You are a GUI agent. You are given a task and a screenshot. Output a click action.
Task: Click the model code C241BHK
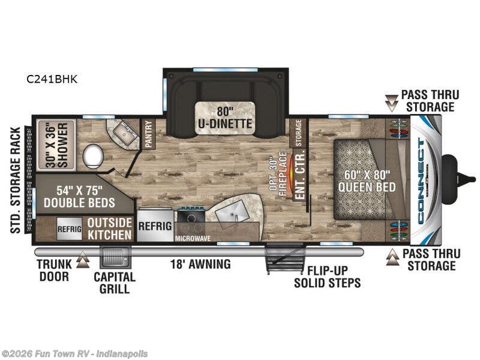point(52,79)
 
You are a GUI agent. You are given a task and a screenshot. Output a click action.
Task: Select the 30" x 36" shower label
point(55,139)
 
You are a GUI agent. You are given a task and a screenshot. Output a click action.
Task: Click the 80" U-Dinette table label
point(226,118)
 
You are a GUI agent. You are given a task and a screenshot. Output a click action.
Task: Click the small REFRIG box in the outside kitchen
point(69,229)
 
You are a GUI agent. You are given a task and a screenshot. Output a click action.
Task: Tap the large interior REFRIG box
point(155,226)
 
